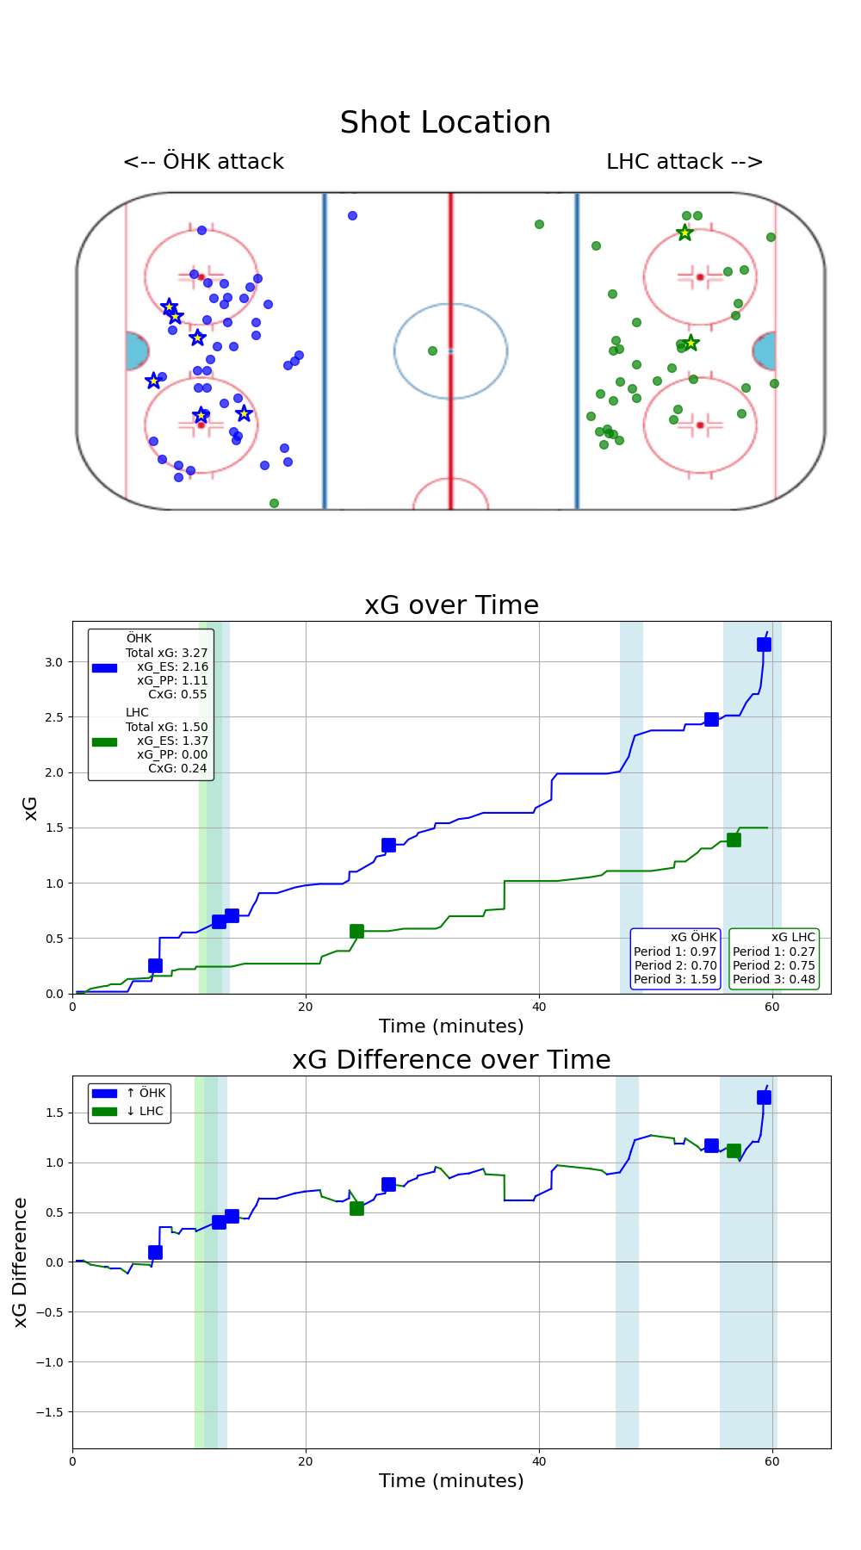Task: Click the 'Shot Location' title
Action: click(x=445, y=123)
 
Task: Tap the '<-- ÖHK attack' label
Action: click(x=203, y=162)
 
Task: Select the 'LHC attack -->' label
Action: click(x=684, y=162)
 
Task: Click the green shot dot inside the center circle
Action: click(x=432, y=350)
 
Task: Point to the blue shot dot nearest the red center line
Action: click(x=352, y=215)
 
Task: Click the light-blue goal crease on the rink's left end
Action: click(x=136, y=351)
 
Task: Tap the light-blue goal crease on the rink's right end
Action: click(x=765, y=351)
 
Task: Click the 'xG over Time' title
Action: click(x=451, y=605)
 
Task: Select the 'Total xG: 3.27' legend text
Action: click(x=167, y=653)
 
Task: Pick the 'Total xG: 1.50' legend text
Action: click(x=167, y=727)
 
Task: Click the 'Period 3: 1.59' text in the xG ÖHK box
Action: click(x=675, y=979)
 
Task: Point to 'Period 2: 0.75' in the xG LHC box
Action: click(x=773, y=965)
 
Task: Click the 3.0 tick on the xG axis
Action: click(x=54, y=662)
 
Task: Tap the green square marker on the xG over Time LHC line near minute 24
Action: click(x=356, y=931)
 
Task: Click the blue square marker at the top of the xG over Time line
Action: click(x=764, y=645)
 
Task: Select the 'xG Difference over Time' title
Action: click(x=451, y=1060)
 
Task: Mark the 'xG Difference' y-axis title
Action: click(x=21, y=1262)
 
